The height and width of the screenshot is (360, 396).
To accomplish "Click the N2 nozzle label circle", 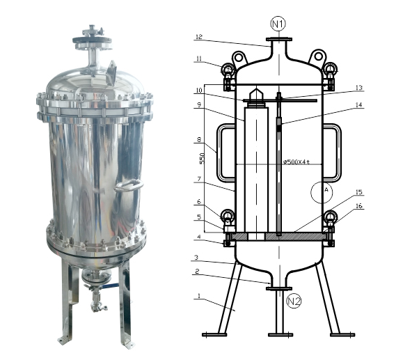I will coord(295,302).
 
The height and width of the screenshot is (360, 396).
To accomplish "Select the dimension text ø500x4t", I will coord(296,163).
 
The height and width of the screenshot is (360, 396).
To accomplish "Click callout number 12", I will coord(199,36).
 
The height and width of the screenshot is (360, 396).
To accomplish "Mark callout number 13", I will coord(359,88).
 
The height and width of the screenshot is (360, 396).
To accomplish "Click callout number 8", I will coord(199,139).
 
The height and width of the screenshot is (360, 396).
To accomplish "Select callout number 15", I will coord(360,192).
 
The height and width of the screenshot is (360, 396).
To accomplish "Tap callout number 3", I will coord(199,258).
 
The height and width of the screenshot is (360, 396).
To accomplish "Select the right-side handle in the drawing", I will coord(335,152).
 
